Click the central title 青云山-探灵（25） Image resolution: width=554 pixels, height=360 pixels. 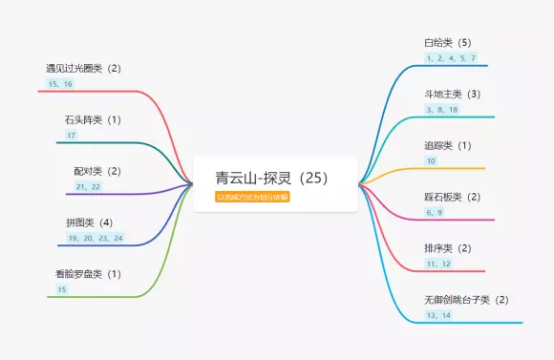pyautogui.click(x=272, y=178)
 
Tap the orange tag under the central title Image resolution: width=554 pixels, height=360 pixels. pyautogui.click(x=253, y=197)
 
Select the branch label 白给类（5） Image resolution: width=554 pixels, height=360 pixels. pyautogui.click(x=448, y=43)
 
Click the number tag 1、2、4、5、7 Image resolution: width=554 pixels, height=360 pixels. pyautogui.click(x=451, y=58)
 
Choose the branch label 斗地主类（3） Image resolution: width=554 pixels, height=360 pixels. pyautogui.click(x=452, y=95)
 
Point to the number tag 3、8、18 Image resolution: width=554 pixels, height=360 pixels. pyautogui.click(x=442, y=110)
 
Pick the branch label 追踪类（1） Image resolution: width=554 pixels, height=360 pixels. pyautogui.click(x=448, y=146)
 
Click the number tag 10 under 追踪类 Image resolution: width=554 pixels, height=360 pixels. pyautogui.click(x=431, y=161)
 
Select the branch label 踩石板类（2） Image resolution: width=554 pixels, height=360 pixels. pyautogui.click(x=452, y=197)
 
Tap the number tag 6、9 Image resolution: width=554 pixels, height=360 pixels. pyautogui.click(x=435, y=212)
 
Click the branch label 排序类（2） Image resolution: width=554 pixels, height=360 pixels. pyautogui.click(x=448, y=248)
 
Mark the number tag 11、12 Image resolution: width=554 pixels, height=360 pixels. pyautogui.click(x=438, y=264)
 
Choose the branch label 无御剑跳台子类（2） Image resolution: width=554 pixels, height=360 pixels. pyautogui.click(x=466, y=300)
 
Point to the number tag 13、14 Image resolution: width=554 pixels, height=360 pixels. pyautogui.click(x=438, y=315)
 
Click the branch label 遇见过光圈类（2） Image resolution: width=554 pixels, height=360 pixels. pyautogui.click(x=83, y=69)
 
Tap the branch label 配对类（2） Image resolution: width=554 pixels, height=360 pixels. pyautogui.click(x=97, y=171)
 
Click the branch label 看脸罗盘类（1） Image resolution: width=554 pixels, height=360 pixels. pyautogui.click(x=88, y=274)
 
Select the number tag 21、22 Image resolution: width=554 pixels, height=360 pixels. pyautogui.click(x=88, y=186)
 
